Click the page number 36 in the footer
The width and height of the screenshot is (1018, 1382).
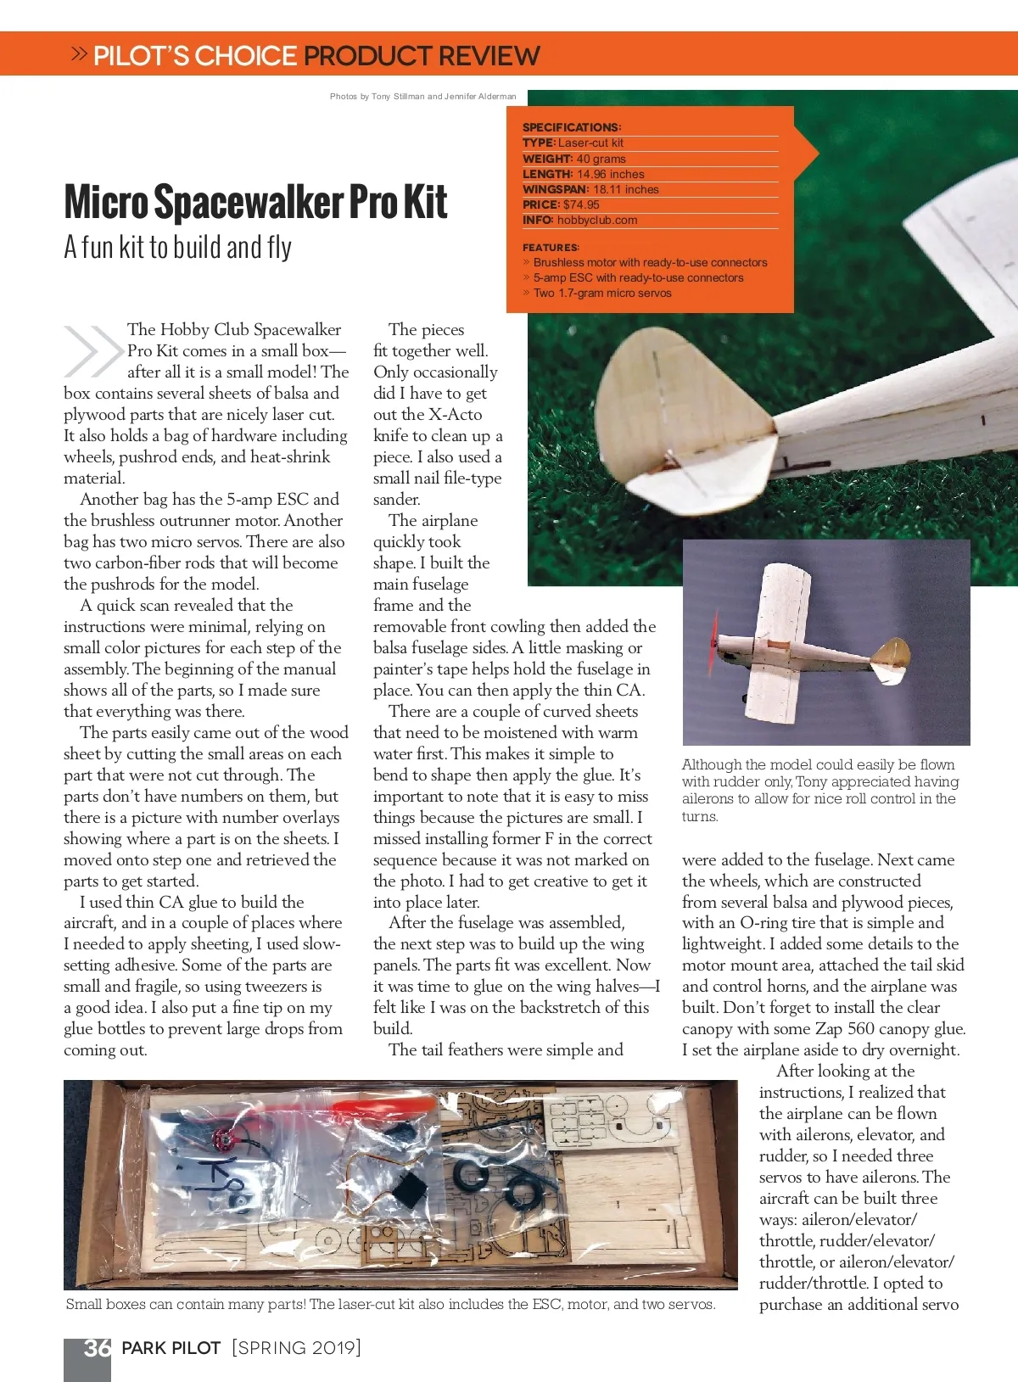pyautogui.click(x=97, y=1348)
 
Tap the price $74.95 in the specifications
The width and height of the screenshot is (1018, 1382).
pyautogui.click(x=581, y=204)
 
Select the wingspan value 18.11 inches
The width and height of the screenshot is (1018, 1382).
pyautogui.click(x=625, y=189)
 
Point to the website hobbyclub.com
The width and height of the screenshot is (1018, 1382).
pyautogui.click(x=596, y=220)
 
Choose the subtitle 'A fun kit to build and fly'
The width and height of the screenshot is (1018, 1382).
pyautogui.click(x=177, y=247)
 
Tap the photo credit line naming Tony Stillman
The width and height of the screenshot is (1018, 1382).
pyautogui.click(x=422, y=97)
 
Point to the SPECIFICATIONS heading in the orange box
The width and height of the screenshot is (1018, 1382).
pyautogui.click(x=571, y=127)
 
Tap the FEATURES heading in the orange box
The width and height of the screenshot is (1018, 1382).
pyautogui.click(x=551, y=248)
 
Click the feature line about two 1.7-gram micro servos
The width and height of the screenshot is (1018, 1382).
pyautogui.click(x=601, y=294)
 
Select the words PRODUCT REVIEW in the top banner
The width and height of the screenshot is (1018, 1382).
pyautogui.click(x=422, y=56)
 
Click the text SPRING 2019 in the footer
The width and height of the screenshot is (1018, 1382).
pyautogui.click(x=297, y=1348)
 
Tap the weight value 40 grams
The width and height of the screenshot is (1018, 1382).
pyautogui.click(x=601, y=159)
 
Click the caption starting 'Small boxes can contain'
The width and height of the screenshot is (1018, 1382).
pyautogui.click(x=390, y=1305)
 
